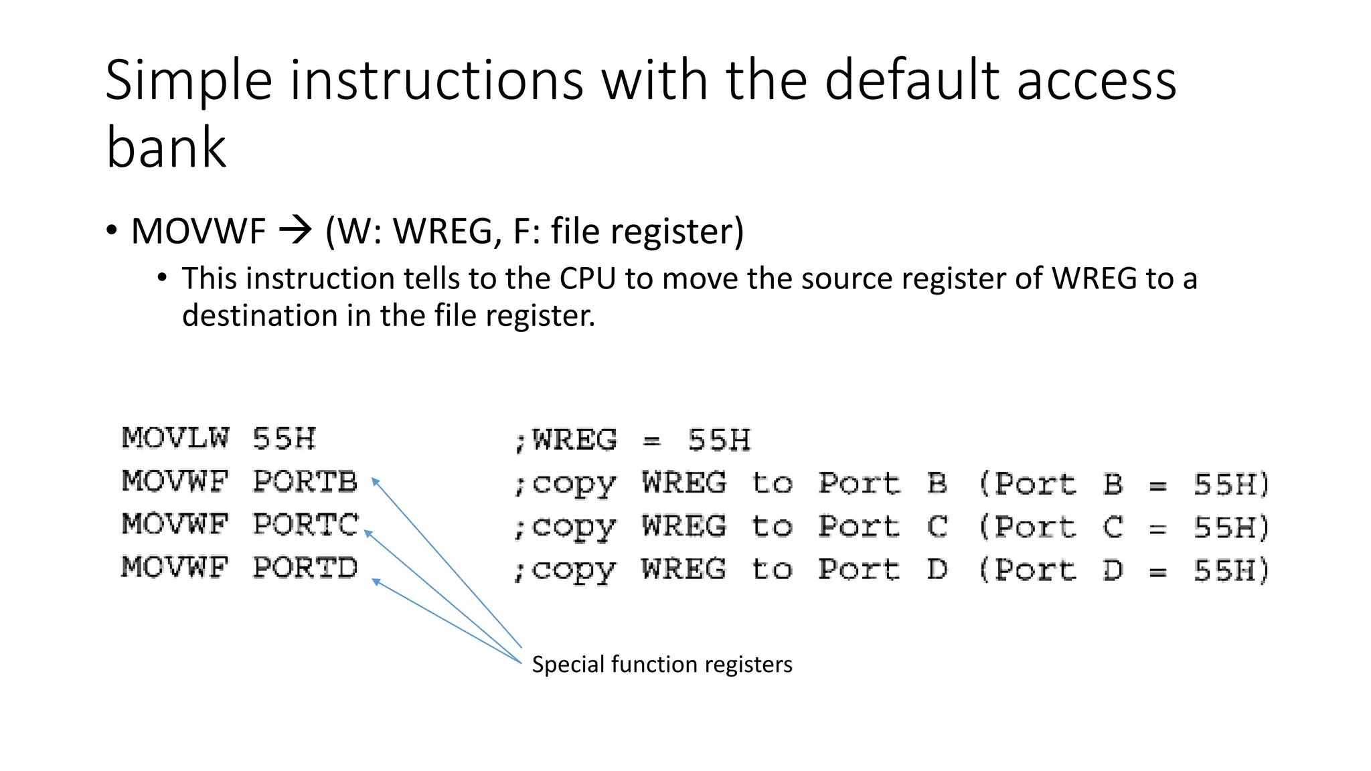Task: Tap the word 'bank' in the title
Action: (x=166, y=148)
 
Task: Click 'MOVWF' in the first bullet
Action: (x=199, y=232)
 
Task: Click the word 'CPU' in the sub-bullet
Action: (x=587, y=278)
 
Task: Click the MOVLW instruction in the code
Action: (x=175, y=438)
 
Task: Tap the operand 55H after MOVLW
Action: (x=284, y=439)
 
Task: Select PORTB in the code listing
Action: (x=305, y=481)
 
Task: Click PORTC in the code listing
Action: (x=305, y=525)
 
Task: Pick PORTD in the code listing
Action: (x=305, y=568)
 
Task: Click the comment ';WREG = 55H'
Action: (x=632, y=440)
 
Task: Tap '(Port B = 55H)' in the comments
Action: (x=1124, y=483)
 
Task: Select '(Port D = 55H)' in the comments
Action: (x=1124, y=570)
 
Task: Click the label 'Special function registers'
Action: (x=661, y=664)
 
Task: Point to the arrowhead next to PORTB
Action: (x=376, y=481)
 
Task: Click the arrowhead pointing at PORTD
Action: (x=376, y=581)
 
